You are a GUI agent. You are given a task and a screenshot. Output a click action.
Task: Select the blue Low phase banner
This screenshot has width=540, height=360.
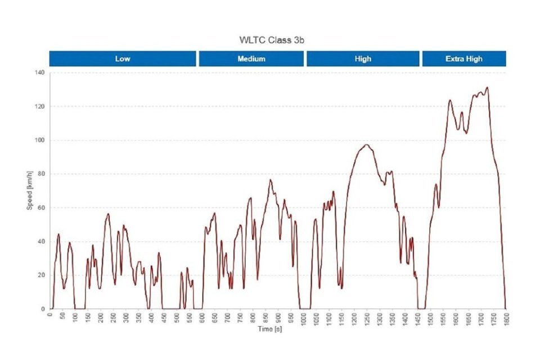123,58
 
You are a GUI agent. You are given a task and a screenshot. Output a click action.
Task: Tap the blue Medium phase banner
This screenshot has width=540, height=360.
251,58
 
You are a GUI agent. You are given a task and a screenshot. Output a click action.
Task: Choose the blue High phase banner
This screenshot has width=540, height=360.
363,58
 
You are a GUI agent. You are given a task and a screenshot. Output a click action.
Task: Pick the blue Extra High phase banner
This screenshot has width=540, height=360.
463,58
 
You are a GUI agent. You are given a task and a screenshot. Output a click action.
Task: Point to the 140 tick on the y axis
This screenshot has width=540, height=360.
40,73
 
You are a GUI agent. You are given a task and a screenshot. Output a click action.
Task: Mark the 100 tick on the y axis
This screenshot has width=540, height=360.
40,140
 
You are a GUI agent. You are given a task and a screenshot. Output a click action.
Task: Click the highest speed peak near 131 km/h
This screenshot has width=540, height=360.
487,87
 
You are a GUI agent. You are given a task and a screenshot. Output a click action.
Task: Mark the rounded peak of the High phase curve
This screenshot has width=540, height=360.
366,145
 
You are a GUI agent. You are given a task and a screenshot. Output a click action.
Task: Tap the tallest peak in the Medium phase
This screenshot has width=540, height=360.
271,179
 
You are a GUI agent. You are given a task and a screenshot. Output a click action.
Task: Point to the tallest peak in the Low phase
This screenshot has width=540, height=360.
108,214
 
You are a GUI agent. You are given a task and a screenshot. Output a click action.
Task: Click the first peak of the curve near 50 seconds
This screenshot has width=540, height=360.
58,234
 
